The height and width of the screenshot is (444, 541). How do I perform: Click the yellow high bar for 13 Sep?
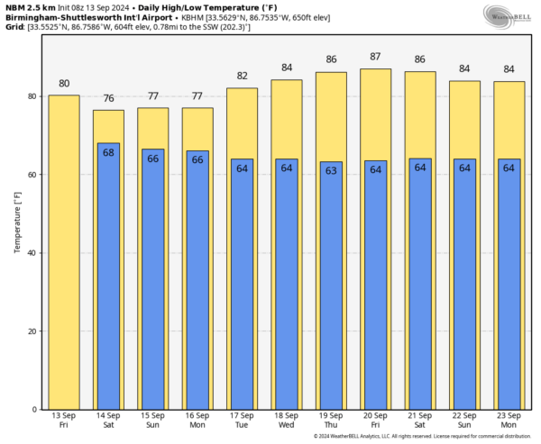coord(64,252)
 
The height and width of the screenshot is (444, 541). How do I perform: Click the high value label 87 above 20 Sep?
coord(376,57)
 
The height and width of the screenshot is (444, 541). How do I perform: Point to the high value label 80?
coord(64,83)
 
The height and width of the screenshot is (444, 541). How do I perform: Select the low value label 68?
coord(108,152)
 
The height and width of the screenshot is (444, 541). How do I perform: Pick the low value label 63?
coord(331,170)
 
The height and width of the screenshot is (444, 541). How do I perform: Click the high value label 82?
coord(243,77)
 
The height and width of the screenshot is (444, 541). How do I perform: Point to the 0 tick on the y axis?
coord(34,409)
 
